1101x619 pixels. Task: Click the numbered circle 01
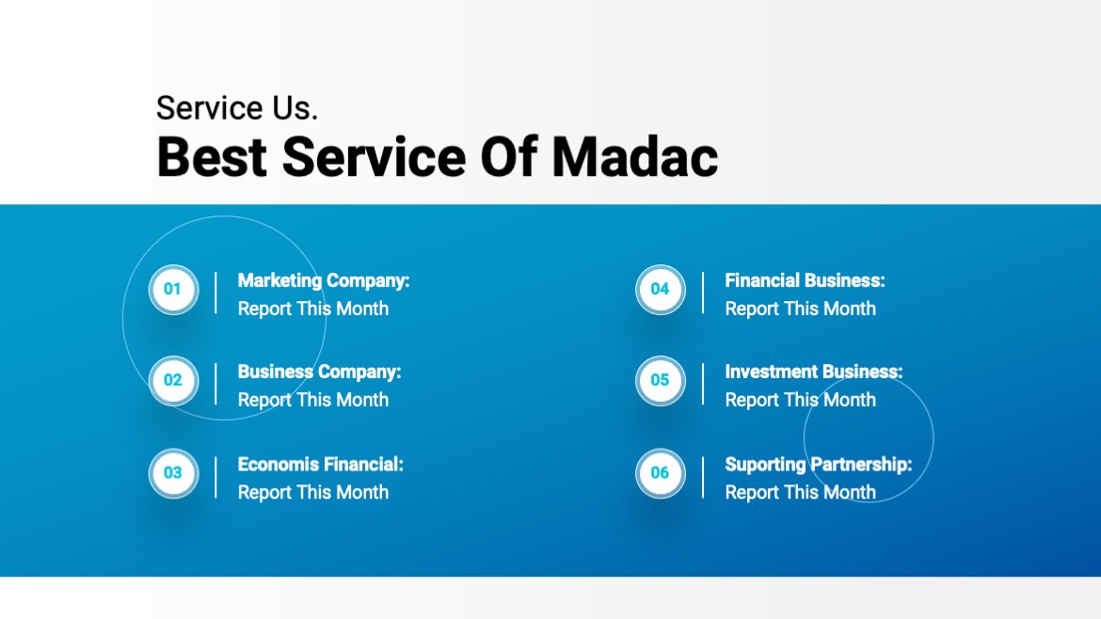[173, 289]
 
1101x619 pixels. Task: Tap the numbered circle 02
[173, 380]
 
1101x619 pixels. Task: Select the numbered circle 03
[173, 472]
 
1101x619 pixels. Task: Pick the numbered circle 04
[661, 289]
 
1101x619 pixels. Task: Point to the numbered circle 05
[661, 380]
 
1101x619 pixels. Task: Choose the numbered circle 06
[661, 472]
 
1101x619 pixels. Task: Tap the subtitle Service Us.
[237, 108]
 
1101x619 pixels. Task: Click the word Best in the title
[212, 156]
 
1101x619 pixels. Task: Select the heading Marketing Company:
[324, 280]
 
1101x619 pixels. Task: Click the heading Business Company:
[319, 372]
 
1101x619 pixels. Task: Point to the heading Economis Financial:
[320, 464]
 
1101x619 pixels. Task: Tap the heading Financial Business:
[805, 280]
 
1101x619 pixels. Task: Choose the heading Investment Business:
[813, 372]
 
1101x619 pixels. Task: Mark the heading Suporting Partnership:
[818, 464]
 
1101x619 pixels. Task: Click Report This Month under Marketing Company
[312, 309]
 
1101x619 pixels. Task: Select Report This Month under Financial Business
[800, 309]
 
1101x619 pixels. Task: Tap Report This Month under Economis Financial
[312, 492]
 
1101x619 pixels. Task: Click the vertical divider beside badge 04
[703, 293]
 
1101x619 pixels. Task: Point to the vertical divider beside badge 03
[215, 477]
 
